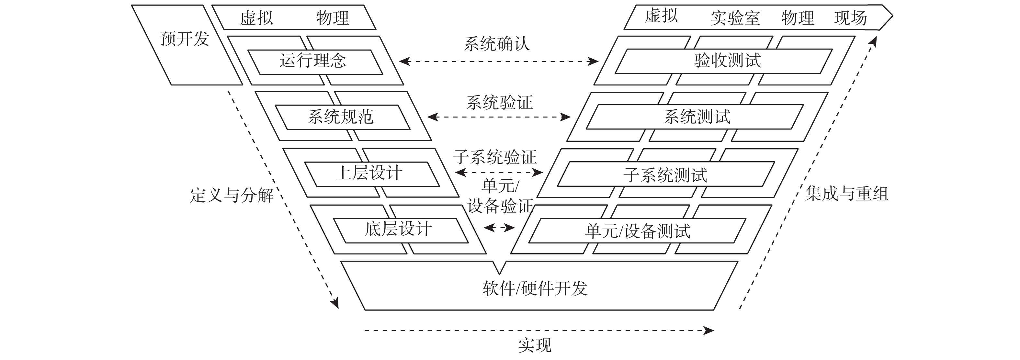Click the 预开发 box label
pos(185,39)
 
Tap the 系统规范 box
pos(341,117)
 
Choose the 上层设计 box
pos(369,174)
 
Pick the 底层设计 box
pos(398,230)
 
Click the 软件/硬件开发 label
pos(535,288)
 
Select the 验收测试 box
pos(727,61)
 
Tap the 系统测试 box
pos(697,117)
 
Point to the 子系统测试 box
pos(665,174)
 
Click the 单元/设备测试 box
pos(638,231)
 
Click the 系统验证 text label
pos(499,103)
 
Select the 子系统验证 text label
pos(495,157)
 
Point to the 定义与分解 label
pos(232,195)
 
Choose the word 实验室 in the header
pos(735,18)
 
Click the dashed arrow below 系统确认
pos(499,62)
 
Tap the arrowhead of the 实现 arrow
pos(708,330)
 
